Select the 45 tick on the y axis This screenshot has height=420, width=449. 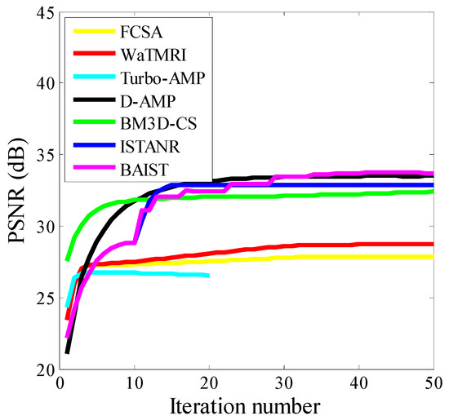pyautogui.click(x=41, y=11)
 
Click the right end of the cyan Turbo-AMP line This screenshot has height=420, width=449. pyautogui.click(x=208, y=276)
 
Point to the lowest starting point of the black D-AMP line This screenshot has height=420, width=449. pyautogui.click(x=67, y=352)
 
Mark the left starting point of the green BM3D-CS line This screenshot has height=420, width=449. pyautogui.click(x=67, y=259)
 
